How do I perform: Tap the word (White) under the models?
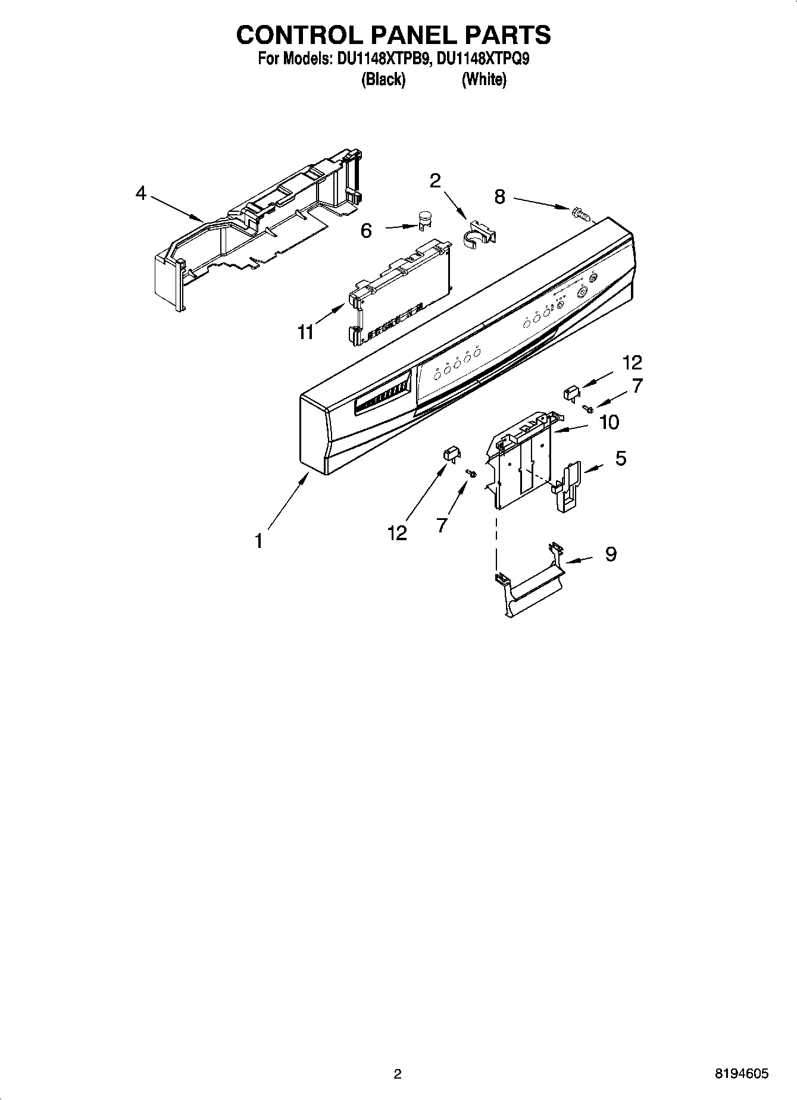484,80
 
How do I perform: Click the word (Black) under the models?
383,80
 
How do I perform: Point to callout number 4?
140,193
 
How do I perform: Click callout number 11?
305,332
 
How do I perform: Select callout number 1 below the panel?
258,541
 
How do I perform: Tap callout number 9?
611,554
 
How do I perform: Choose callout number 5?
620,458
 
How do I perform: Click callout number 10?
609,422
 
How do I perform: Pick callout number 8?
499,196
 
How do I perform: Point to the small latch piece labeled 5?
568,485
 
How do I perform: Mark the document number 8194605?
742,1074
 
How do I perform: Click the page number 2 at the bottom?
398,1074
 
